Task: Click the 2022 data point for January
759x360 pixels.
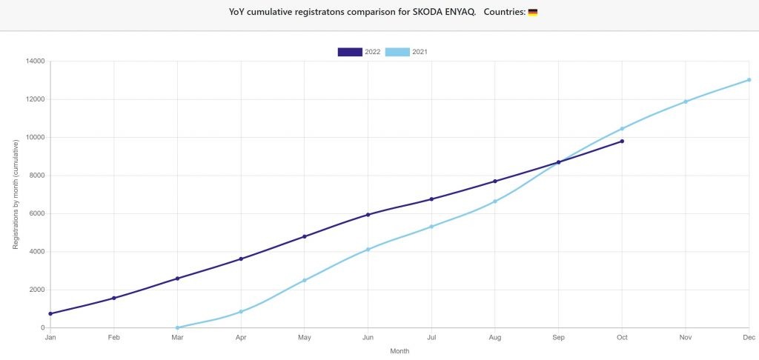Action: pos(50,313)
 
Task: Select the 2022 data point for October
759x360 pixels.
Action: pos(622,141)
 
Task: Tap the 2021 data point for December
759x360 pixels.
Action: pos(749,80)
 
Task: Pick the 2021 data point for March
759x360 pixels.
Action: pos(178,327)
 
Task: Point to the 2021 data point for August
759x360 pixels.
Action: pos(494,201)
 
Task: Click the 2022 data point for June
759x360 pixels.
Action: pos(368,214)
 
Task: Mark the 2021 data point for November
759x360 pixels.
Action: pos(686,101)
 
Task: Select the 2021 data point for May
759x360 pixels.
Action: pos(305,280)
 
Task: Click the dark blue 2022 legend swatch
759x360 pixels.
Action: pos(350,53)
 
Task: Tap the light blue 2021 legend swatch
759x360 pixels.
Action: pos(397,53)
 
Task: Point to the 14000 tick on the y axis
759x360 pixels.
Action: pos(36,61)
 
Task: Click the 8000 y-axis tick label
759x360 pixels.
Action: pos(37,176)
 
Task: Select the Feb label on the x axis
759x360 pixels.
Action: pos(113,338)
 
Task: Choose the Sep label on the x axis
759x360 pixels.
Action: pos(559,338)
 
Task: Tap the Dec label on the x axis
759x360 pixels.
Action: pos(749,338)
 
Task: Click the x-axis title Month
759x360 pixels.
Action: pos(400,351)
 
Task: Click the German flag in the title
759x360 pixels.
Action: pos(532,13)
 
